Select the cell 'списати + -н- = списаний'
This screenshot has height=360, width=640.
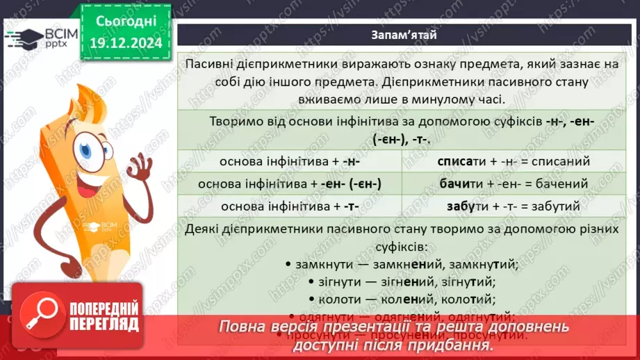(x=514, y=161)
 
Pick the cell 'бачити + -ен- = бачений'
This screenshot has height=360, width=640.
(x=514, y=184)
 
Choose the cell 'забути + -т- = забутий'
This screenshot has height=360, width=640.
(x=514, y=207)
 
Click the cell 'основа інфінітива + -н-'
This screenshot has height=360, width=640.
(x=288, y=161)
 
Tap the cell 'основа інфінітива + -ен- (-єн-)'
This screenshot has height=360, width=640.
(x=288, y=184)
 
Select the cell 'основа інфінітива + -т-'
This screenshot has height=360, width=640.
(x=288, y=207)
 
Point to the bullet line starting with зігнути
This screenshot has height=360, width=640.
(x=399, y=282)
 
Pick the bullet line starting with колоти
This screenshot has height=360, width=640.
(x=400, y=300)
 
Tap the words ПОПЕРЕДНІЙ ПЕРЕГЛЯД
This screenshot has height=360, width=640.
(x=104, y=317)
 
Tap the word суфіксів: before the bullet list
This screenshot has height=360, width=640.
(x=402, y=246)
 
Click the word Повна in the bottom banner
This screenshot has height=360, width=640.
(x=242, y=327)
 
